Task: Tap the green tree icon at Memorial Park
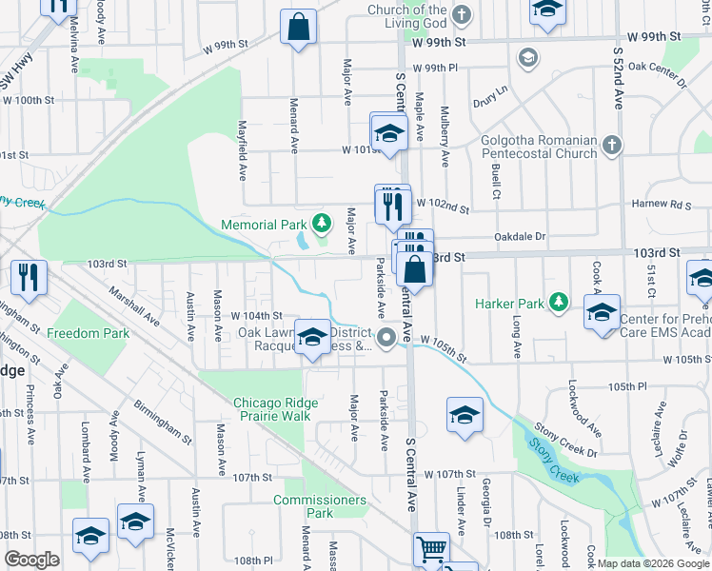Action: click(x=322, y=224)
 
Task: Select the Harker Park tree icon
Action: click(x=560, y=304)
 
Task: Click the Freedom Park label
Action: click(x=88, y=334)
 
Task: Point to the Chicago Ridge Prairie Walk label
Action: click(x=272, y=409)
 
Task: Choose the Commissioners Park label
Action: click(x=319, y=506)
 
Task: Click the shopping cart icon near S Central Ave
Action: click(x=431, y=549)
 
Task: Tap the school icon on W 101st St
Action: click(x=388, y=131)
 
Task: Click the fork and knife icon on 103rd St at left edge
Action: click(x=29, y=277)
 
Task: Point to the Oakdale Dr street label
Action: click(x=521, y=236)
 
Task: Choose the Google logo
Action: click(x=31, y=560)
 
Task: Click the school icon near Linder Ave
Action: click(x=464, y=415)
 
